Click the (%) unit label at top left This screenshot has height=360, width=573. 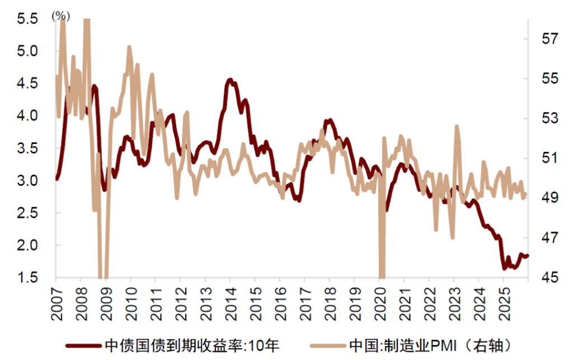click(61, 16)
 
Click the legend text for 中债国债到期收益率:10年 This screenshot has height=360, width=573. click(191, 344)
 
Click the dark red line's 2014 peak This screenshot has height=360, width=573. click(230, 80)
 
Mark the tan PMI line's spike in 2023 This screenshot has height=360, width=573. click(457, 127)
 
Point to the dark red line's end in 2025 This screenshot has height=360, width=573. click(527, 256)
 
